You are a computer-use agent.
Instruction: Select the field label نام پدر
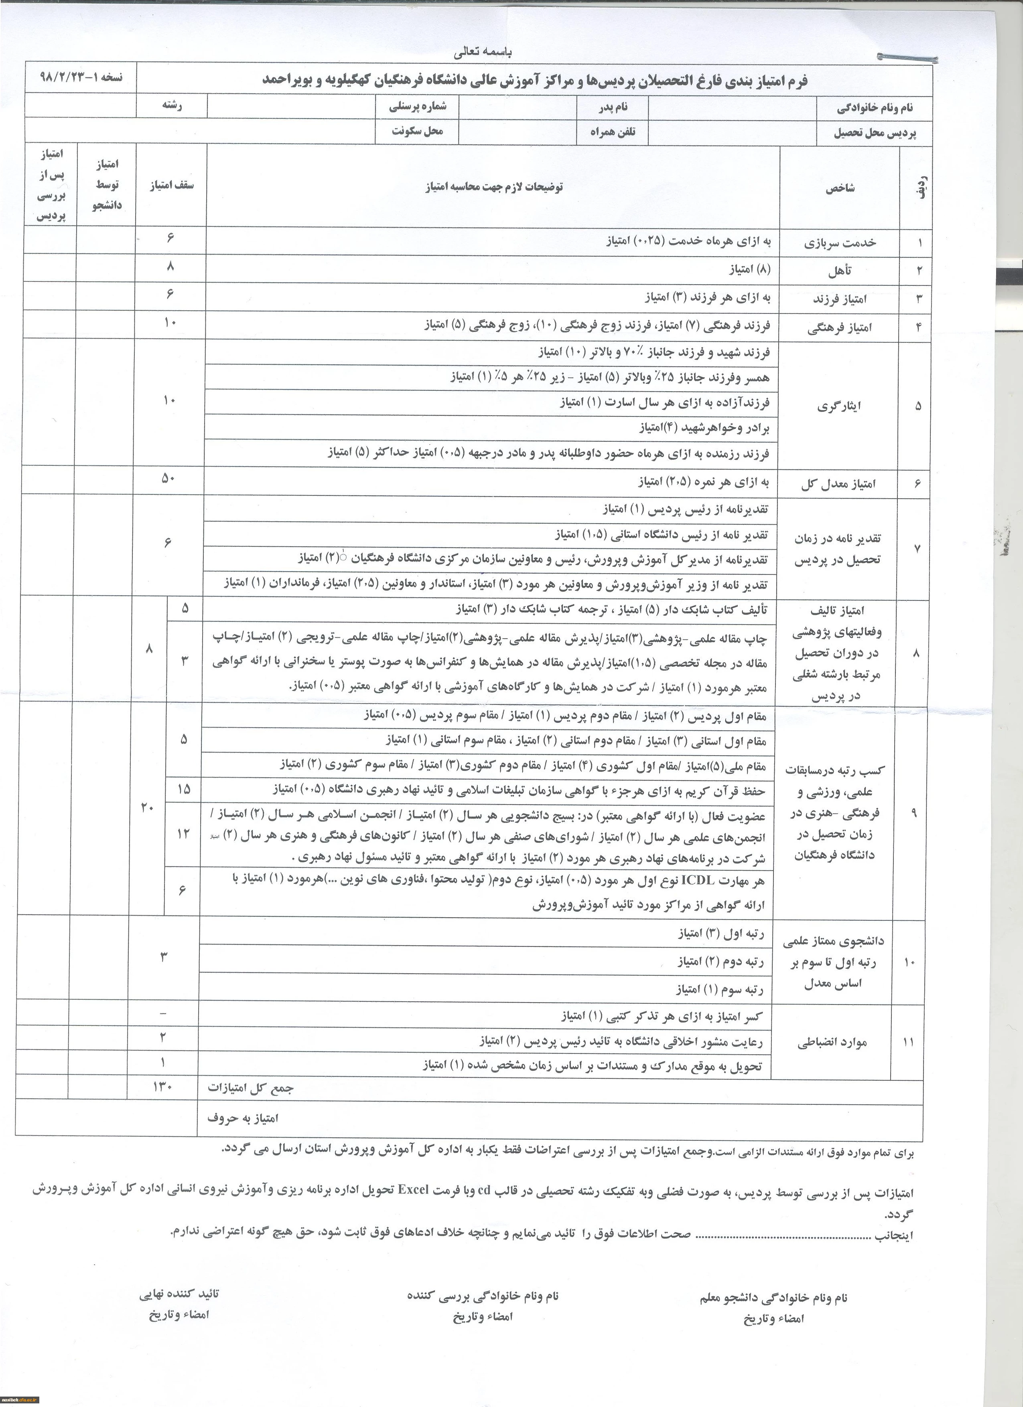(613, 107)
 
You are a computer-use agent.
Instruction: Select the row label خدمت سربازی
(840, 243)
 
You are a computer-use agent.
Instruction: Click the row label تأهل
(839, 271)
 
